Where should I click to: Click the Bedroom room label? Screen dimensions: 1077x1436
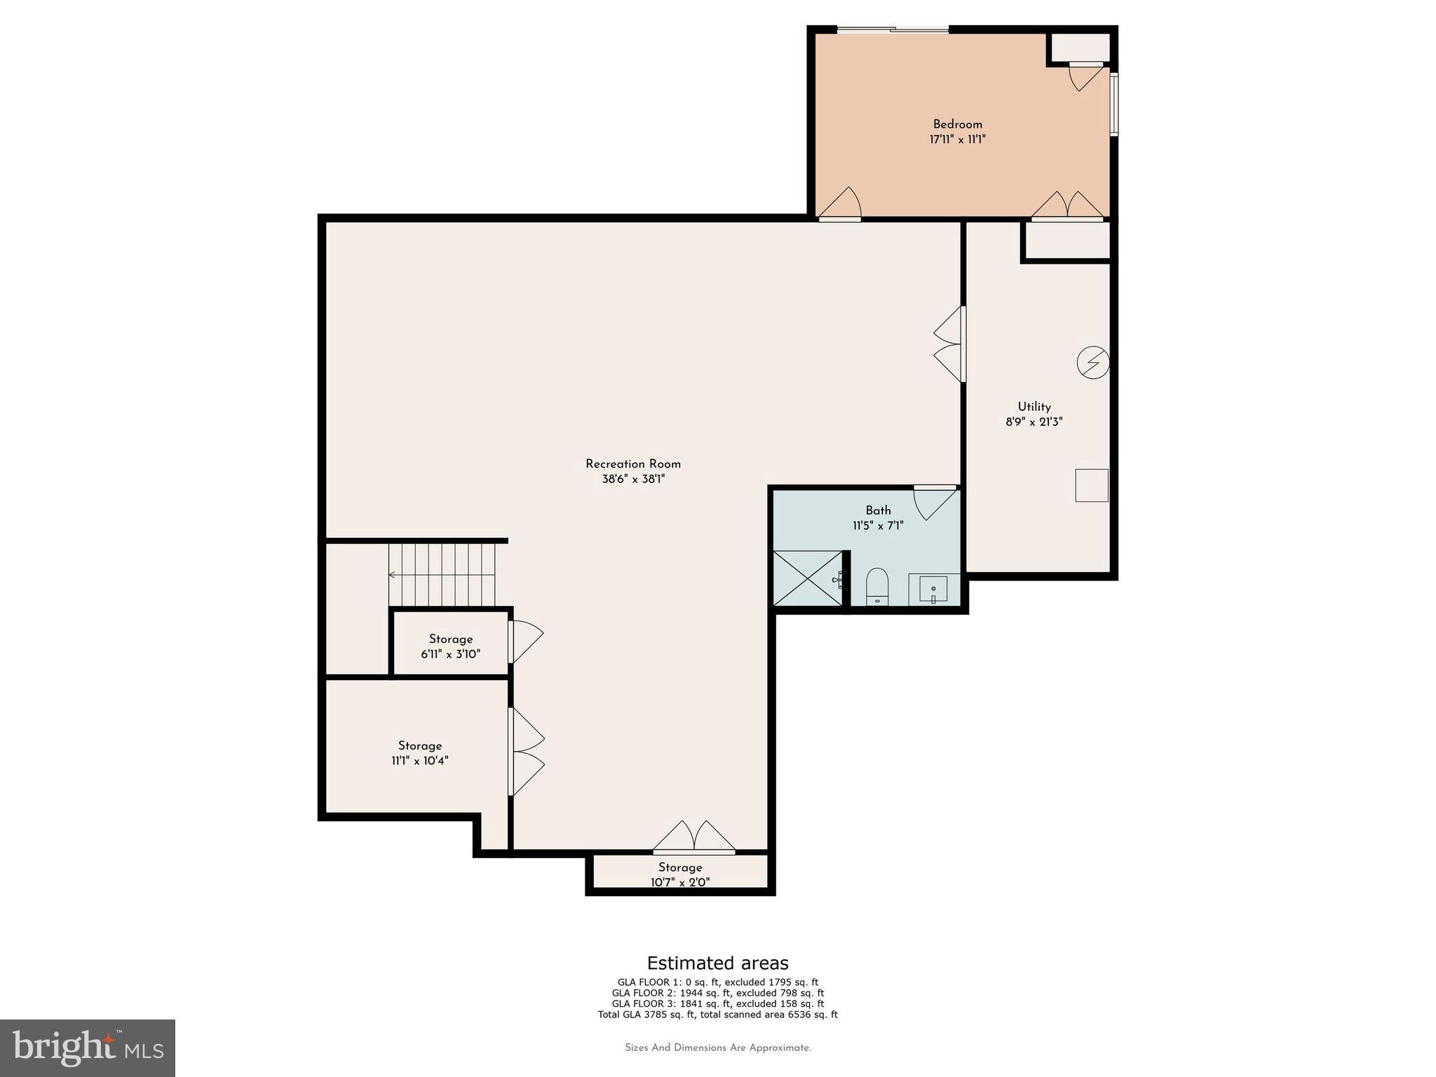(957, 124)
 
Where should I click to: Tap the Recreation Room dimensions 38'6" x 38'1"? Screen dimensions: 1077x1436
(633, 480)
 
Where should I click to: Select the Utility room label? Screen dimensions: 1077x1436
(1034, 407)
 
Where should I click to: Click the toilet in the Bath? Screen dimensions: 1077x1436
(877, 586)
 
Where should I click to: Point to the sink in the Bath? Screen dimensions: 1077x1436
(933, 589)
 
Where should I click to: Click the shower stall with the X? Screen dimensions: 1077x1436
(807, 578)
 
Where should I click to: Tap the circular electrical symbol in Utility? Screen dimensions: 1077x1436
(1092, 363)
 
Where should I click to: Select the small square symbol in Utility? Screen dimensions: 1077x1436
(1091, 485)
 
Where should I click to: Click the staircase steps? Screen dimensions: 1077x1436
(442, 575)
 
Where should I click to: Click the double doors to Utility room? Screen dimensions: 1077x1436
(949, 344)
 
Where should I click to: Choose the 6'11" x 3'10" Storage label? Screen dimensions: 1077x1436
(451, 646)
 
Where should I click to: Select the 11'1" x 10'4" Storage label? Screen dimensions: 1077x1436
(420, 753)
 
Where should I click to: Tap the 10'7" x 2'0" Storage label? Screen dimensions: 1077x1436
(680, 874)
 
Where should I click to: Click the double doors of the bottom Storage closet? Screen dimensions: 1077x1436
(694, 836)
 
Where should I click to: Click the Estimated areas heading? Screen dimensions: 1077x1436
(717, 963)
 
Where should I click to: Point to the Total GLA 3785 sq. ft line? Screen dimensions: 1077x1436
(717, 1015)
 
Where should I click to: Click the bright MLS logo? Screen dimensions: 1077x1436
(88, 1048)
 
